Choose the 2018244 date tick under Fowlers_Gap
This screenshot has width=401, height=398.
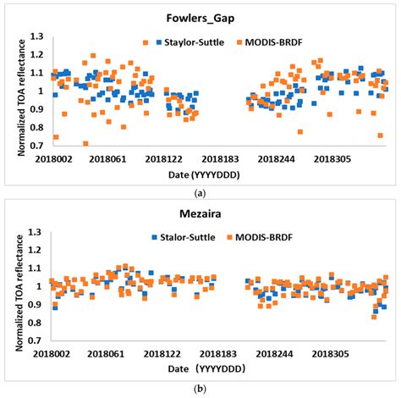point(277,158)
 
